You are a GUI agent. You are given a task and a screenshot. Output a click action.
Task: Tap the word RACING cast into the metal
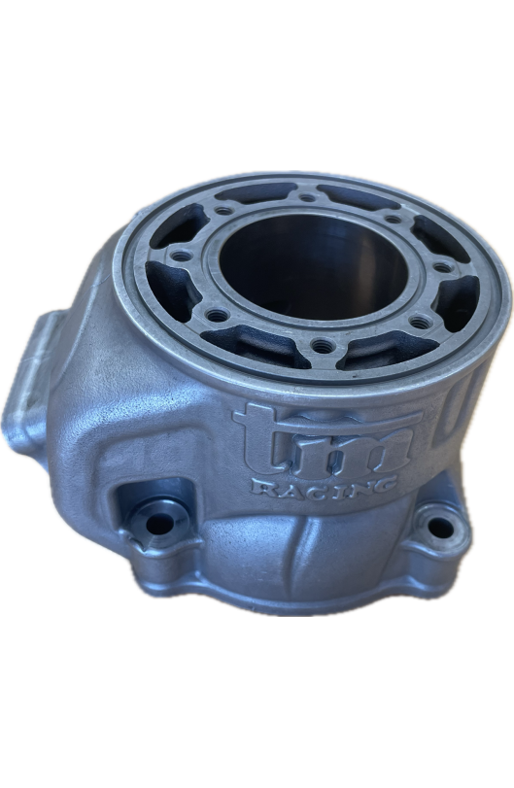click(x=323, y=486)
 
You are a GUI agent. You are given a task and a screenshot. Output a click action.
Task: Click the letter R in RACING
click(x=262, y=486)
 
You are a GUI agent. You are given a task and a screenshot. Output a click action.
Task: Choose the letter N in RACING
click(x=357, y=487)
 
